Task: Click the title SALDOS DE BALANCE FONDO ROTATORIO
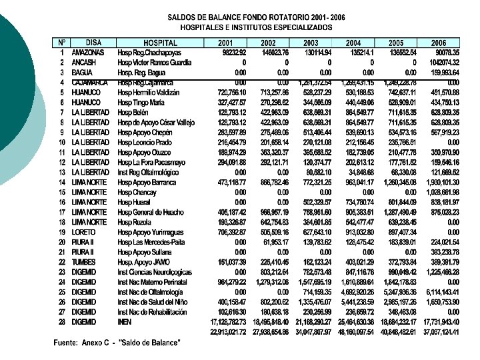(256, 18)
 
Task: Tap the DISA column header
(93, 43)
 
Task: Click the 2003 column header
(311, 43)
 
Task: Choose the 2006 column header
(438, 43)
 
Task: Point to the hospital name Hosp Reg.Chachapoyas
(149, 53)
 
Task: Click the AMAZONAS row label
(88, 53)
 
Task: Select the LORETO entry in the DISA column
(83, 232)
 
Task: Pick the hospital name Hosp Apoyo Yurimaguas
(150, 232)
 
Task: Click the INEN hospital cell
(124, 322)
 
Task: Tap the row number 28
(61, 322)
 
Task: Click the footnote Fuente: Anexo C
(116, 343)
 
